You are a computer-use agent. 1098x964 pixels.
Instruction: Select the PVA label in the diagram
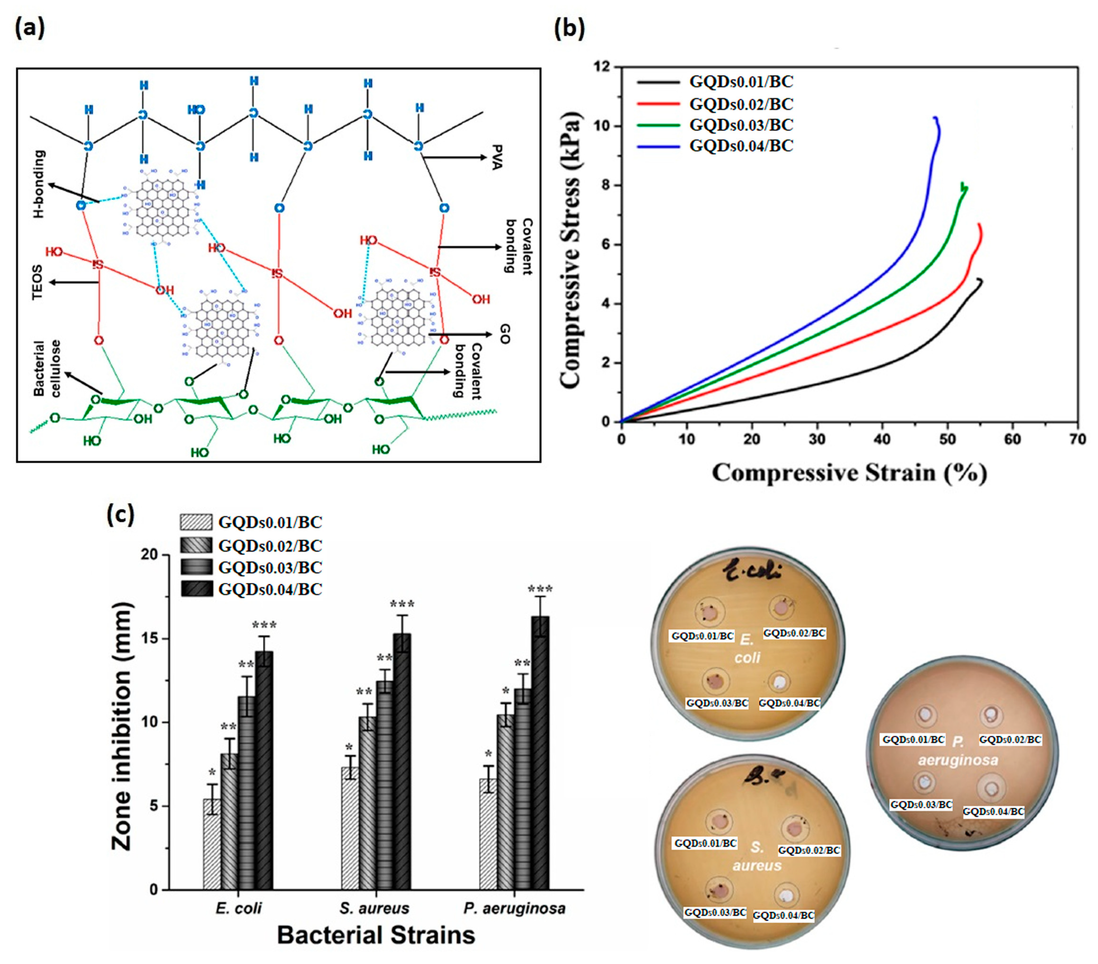click(497, 157)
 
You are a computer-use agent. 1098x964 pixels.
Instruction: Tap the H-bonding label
click(39, 184)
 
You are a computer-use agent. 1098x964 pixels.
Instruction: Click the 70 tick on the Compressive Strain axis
click(1077, 440)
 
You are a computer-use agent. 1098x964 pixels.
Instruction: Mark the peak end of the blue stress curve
click(935, 118)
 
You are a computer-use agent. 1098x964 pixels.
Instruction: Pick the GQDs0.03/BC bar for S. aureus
click(384, 785)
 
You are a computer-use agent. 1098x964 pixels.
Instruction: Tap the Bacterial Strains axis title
click(376, 935)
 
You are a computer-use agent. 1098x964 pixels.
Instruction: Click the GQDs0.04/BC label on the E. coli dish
click(789, 703)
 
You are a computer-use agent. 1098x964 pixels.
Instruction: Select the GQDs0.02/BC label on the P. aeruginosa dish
click(1010, 740)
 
